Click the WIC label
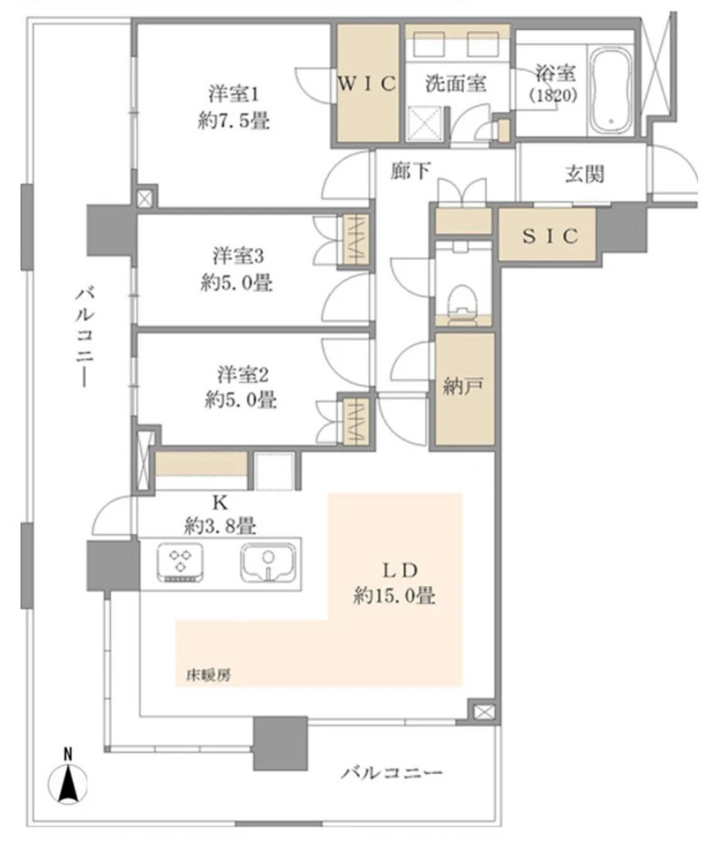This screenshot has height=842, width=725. pos(367,83)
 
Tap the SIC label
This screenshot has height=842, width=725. pos(551,236)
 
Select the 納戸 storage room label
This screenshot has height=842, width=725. pos(464,387)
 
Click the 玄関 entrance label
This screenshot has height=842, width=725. pos(584,174)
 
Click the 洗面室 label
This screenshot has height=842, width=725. pos(457,83)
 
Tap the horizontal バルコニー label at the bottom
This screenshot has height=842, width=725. pos(392,772)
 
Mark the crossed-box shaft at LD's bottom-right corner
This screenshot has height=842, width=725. pos(483,712)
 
